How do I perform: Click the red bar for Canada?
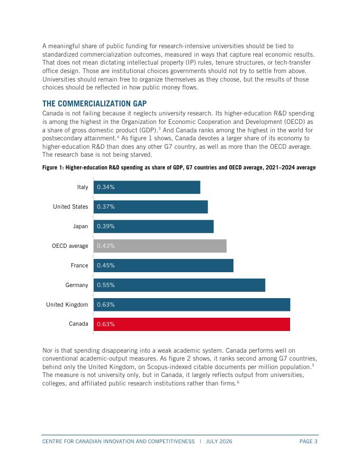[x=192, y=324]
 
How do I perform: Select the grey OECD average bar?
[x=160, y=246]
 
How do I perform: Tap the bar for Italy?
[x=147, y=187]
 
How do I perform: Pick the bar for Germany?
[x=179, y=285]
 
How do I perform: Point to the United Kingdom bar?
[x=192, y=304]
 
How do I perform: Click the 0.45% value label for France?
[x=106, y=265]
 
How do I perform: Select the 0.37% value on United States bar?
[x=106, y=207]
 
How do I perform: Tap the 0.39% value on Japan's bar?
[x=106, y=226]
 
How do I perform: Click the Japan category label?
[x=80, y=227]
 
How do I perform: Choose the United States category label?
[x=71, y=207]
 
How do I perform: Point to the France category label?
[x=79, y=265]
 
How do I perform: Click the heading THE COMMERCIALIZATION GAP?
[x=94, y=103]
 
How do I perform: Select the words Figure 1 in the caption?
[x=53, y=167]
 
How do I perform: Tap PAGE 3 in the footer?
[x=308, y=441]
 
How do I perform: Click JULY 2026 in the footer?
[x=219, y=441]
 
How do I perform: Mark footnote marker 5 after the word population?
[x=313, y=365]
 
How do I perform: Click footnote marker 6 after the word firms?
[x=238, y=382]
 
